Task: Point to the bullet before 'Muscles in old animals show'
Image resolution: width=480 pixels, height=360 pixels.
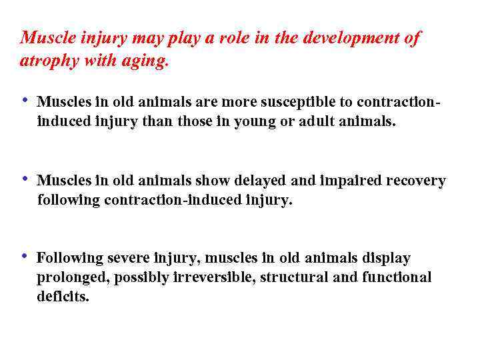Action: click(x=25, y=179)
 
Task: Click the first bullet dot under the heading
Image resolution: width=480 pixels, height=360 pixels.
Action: click(x=25, y=101)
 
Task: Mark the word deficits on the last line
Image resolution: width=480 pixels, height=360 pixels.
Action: click(x=63, y=297)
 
